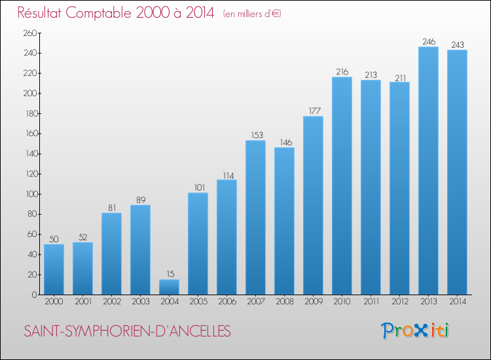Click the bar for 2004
pyautogui.click(x=169, y=287)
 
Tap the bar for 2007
pyautogui.click(x=255, y=217)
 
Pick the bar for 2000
pyautogui.click(x=54, y=269)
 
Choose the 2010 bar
pyautogui.click(x=342, y=186)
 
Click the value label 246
pyautogui.click(x=428, y=42)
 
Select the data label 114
pyautogui.click(x=227, y=175)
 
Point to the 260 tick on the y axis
pyautogui.click(x=29, y=33)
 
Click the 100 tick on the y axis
pyautogui.click(x=29, y=194)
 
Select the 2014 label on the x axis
pyautogui.click(x=457, y=302)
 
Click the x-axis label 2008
pyautogui.click(x=284, y=302)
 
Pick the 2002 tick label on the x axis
pyautogui.click(x=111, y=302)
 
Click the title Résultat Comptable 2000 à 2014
pyautogui.click(x=115, y=12)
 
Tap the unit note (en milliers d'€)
pyautogui.click(x=252, y=14)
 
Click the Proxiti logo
pyautogui.click(x=415, y=331)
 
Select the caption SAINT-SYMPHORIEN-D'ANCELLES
pyautogui.click(x=127, y=332)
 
